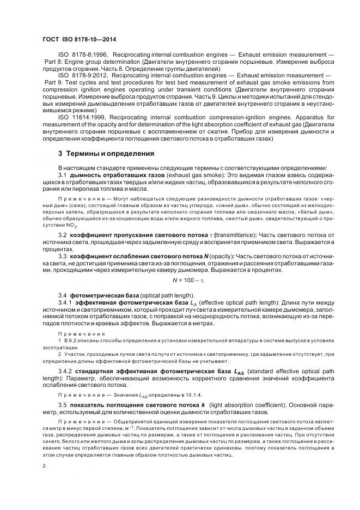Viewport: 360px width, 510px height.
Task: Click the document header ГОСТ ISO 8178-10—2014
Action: pyautogui.click(x=80, y=40)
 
